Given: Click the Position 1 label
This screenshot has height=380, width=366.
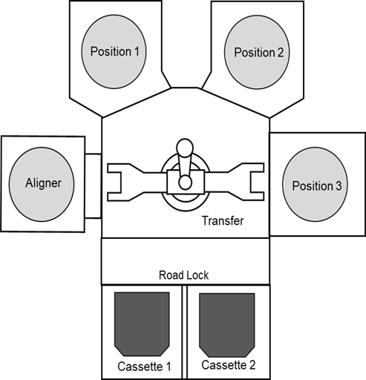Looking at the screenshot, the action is pyautogui.click(x=114, y=52).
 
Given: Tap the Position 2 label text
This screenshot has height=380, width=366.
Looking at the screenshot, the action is pyautogui.click(x=258, y=53).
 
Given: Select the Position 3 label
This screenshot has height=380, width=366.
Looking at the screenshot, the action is pyautogui.click(x=317, y=186).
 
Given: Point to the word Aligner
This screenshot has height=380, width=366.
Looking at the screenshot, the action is pyautogui.click(x=43, y=183).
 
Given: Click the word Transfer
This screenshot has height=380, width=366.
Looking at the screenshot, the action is pyautogui.click(x=223, y=220).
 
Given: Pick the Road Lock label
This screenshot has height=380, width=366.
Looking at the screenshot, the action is pyautogui.click(x=183, y=275).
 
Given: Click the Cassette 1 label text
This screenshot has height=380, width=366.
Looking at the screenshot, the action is pyautogui.click(x=144, y=367).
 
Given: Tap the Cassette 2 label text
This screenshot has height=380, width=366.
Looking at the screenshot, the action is pyautogui.click(x=228, y=365).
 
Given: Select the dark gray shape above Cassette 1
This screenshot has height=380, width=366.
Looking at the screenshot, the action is pyautogui.click(x=142, y=324).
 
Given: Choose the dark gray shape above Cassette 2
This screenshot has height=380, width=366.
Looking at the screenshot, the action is pyautogui.click(x=227, y=325).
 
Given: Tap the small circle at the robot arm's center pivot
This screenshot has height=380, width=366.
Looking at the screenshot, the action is pyautogui.click(x=186, y=183).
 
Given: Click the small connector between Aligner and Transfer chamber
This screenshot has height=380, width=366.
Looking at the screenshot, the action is pyautogui.click(x=94, y=186).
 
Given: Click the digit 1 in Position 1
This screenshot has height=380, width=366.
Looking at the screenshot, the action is pyautogui.click(x=137, y=51).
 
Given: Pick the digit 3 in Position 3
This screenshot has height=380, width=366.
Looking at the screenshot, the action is pyautogui.click(x=339, y=186).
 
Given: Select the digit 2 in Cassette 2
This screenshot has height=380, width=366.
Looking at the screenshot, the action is pyautogui.click(x=252, y=365).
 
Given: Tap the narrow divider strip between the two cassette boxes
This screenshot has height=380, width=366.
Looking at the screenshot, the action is pyautogui.click(x=184, y=332).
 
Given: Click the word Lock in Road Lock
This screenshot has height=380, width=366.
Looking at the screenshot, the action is pyautogui.click(x=197, y=275).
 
